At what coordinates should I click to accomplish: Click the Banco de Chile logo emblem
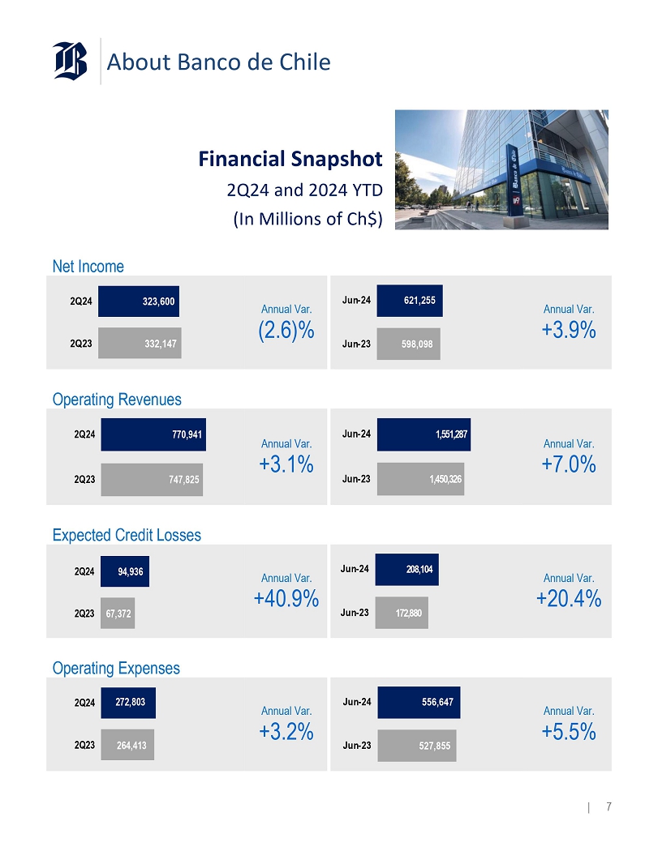[x=71, y=61]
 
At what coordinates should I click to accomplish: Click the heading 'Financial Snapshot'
[x=290, y=159]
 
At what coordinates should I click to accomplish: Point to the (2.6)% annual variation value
[x=286, y=331]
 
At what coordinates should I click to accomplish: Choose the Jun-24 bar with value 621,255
[x=410, y=301]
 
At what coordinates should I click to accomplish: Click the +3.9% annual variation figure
[x=569, y=331]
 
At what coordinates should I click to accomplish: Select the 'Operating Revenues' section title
[x=117, y=400]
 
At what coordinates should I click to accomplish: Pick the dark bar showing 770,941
[x=152, y=434]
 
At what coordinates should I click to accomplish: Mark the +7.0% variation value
[x=569, y=464]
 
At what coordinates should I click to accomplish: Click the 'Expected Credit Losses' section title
[x=127, y=535]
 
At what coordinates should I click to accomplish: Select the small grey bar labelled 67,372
[x=118, y=614]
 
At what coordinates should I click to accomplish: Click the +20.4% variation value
[x=569, y=599]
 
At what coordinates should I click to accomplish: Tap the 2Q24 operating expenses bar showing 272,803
[x=128, y=703]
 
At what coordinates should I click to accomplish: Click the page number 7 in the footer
[x=609, y=806]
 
